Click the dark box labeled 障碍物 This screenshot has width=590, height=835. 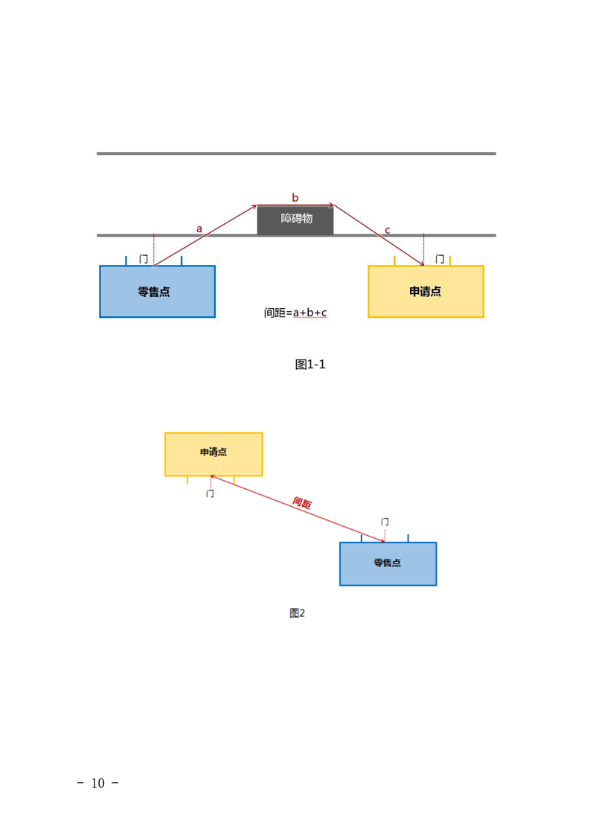pyautogui.click(x=295, y=220)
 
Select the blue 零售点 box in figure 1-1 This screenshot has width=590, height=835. pyautogui.click(x=157, y=292)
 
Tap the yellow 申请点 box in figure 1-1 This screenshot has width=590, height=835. pyautogui.click(x=426, y=292)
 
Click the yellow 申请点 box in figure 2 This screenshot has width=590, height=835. pyautogui.click(x=214, y=453)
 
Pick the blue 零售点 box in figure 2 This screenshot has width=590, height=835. pyautogui.click(x=388, y=563)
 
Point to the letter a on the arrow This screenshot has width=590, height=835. pyautogui.click(x=199, y=229)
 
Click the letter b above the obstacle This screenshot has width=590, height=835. pyautogui.click(x=295, y=197)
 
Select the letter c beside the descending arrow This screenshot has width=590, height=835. pyautogui.click(x=388, y=228)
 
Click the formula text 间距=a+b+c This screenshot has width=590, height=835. pyautogui.click(x=295, y=313)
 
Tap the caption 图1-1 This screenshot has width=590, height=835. pyautogui.click(x=310, y=364)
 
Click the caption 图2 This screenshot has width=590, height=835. pyautogui.click(x=297, y=613)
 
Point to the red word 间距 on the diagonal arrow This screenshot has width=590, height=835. pyautogui.click(x=302, y=502)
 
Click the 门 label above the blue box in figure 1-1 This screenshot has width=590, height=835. pyautogui.click(x=144, y=259)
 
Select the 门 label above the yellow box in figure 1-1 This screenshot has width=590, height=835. pyautogui.click(x=440, y=259)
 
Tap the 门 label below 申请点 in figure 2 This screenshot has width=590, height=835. pyautogui.click(x=210, y=493)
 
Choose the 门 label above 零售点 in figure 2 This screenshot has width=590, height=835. pyautogui.click(x=384, y=522)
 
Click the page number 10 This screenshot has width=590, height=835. pyautogui.click(x=99, y=783)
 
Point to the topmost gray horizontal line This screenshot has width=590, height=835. pyautogui.click(x=295, y=154)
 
